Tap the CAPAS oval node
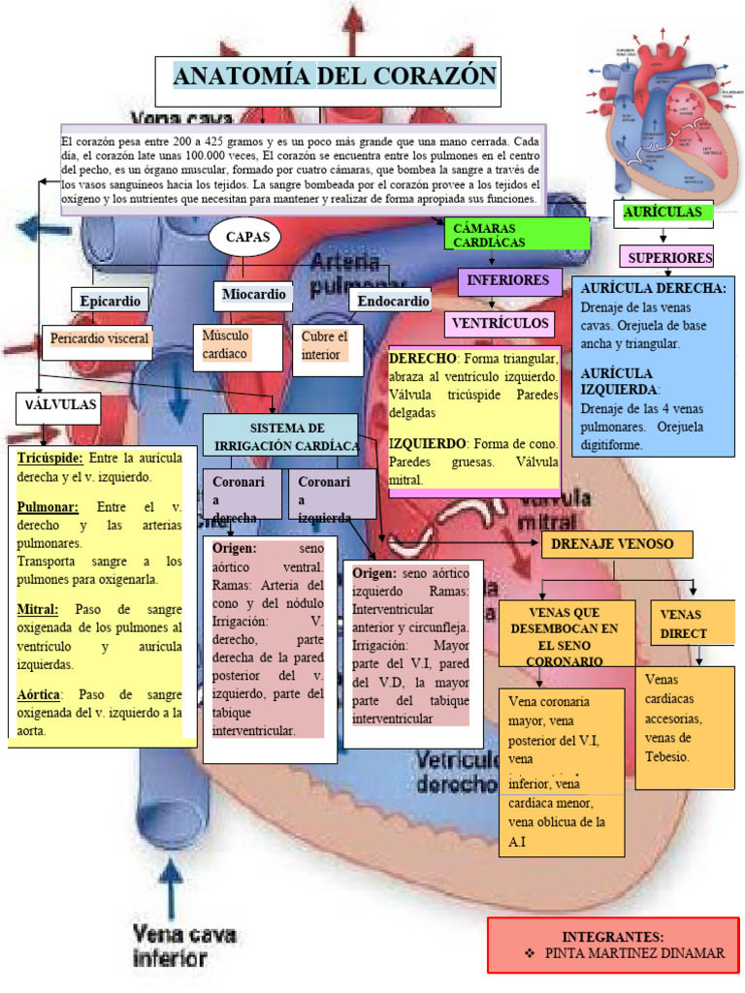(244, 237)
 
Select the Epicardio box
(111, 301)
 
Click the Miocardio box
(253, 294)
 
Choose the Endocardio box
(393, 302)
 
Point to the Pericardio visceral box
(100, 339)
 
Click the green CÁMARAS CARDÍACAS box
(517, 234)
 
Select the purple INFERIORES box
(508, 280)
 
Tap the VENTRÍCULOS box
(500, 323)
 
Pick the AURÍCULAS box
(663, 212)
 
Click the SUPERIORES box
(669, 257)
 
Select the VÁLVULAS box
(59, 405)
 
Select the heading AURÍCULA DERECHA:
(653, 288)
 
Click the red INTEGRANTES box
(613, 945)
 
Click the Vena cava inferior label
(184, 945)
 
